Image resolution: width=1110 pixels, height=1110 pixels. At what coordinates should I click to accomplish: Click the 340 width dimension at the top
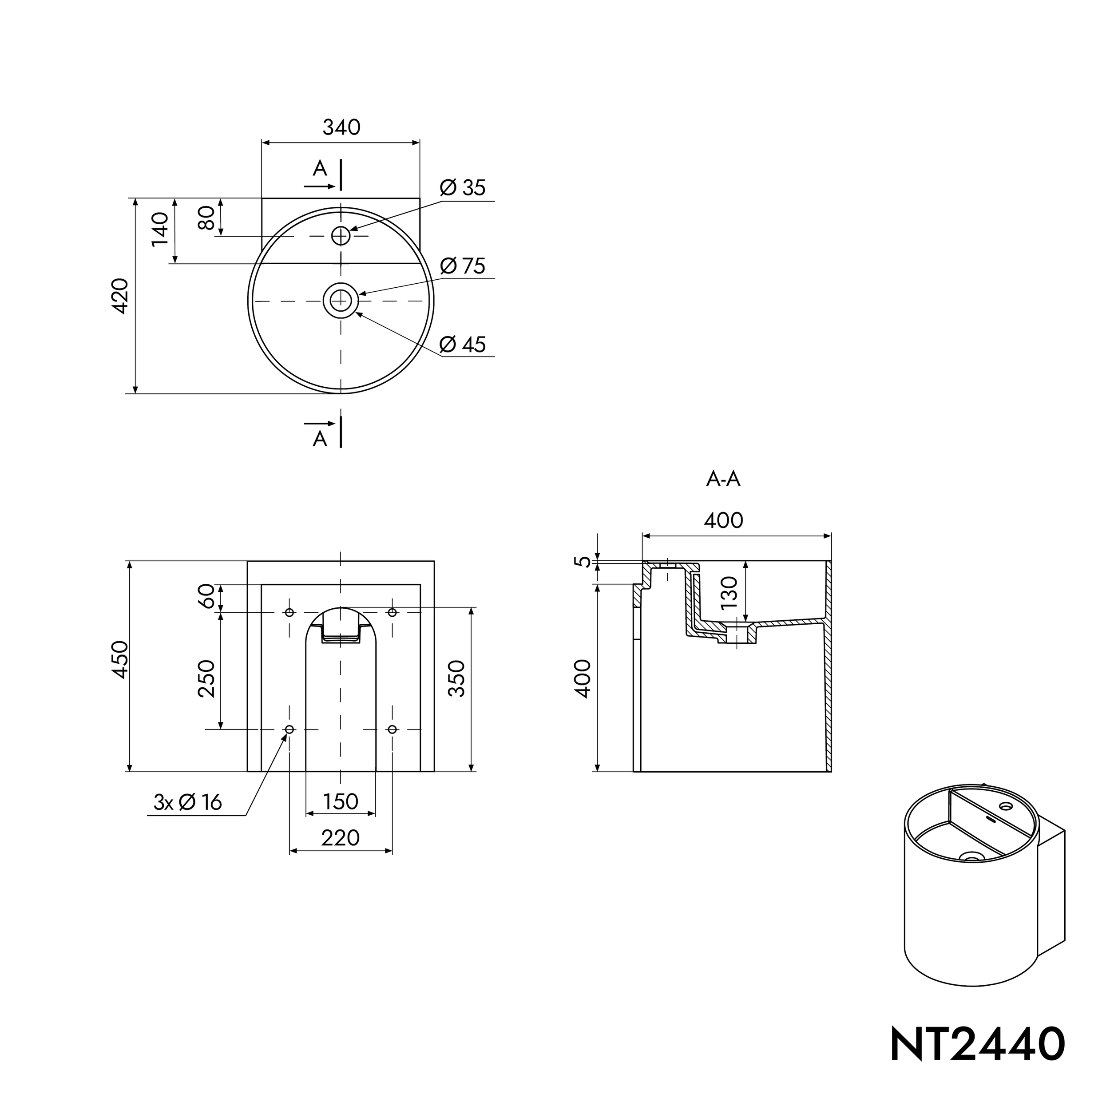pyautogui.click(x=341, y=127)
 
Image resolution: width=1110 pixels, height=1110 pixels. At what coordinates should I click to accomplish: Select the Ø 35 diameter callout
pyautogui.click(x=463, y=188)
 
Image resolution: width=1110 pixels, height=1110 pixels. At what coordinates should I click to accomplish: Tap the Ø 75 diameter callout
pyautogui.click(x=463, y=266)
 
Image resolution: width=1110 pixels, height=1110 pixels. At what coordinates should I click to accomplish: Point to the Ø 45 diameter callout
pyautogui.click(x=463, y=344)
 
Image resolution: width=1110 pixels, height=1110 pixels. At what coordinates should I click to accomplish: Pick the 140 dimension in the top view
pyautogui.click(x=160, y=229)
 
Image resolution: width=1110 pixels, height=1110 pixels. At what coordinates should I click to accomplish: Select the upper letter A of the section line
pyautogui.click(x=320, y=169)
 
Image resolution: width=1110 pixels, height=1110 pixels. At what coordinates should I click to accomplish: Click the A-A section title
pyautogui.click(x=723, y=479)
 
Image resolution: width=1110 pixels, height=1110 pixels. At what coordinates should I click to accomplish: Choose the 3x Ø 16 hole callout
pyautogui.click(x=188, y=802)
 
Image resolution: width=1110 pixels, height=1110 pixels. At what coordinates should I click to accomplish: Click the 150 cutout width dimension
pyautogui.click(x=341, y=801)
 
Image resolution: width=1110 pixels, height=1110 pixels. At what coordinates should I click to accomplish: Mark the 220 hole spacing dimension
pyautogui.click(x=341, y=838)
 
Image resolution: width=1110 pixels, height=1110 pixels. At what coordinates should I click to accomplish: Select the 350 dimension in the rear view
pyautogui.click(x=456, y=678)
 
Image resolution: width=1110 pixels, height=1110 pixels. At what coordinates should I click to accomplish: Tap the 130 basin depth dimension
pyautogui.click(x=729, y=592)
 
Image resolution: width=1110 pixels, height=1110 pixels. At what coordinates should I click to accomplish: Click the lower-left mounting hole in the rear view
pyautogui.click(x=289, y=729)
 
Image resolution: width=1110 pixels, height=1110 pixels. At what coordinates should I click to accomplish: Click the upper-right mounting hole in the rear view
pyautogui.click(x=392, y=612)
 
